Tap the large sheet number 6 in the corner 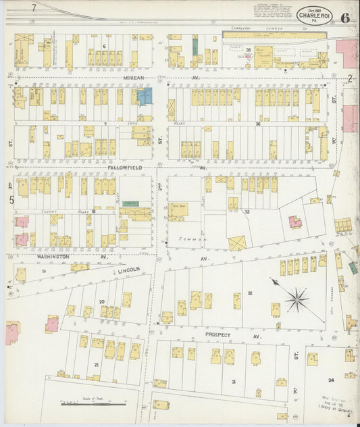tap(345, 18)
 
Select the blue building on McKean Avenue tap(145, 97)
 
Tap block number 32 tap(249, 293)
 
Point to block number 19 tap(44, 270)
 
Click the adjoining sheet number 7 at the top tap(32, 8)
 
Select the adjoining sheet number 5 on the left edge tap(11, 199)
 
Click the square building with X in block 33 tap(237, 243)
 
